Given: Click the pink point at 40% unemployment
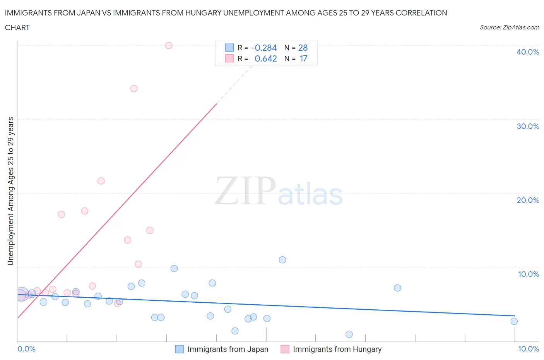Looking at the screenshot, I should point(169,45).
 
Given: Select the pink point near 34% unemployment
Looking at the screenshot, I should point(134,89).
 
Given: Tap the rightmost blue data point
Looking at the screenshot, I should point(514,321).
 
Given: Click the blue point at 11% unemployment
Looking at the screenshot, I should point(282,260).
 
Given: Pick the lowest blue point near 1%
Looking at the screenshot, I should point(349,334).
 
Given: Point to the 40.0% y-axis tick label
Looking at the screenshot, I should point(528,52).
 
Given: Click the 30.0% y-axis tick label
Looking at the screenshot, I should point(528,126).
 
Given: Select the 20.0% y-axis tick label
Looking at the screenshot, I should point(528,200).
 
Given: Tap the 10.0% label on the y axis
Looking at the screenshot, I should point(528,274).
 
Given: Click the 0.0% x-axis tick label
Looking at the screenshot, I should point(26,349).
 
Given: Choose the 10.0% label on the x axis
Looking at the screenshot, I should point(528,349).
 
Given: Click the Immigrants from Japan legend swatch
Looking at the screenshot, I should point(180,349).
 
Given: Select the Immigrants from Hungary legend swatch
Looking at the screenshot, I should point(285,349).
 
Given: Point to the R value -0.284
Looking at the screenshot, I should point(264,48).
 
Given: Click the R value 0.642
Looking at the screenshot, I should point(265,58).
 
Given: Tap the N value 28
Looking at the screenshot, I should point(303,48).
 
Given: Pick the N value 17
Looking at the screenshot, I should point(303,58).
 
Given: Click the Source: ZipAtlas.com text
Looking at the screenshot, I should point(509,27).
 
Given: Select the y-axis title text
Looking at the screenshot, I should point(11,191).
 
